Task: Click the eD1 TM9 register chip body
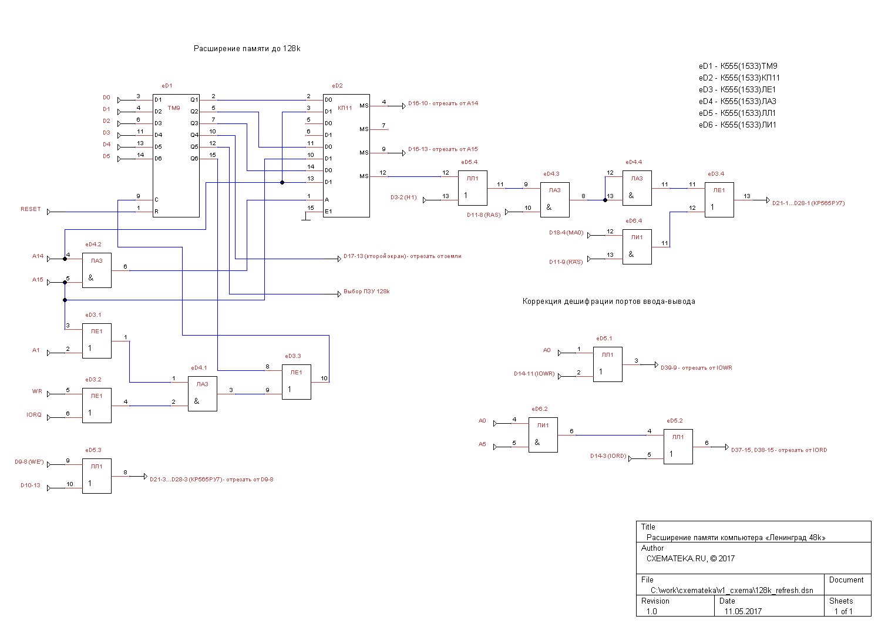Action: pyautogui.click(x=176, y=156)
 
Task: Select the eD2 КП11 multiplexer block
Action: pyautogui.click(x=347, y=156)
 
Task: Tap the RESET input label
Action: pyautogui.click(x=31, y=209)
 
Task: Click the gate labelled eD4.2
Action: pyautogui.click(x=97, y=270)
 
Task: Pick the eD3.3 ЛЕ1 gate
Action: pyautogui.click(x=297, y=382)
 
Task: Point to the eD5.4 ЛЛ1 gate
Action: pyautogui.click(x=473, y=188)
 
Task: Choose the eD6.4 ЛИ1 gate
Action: pyautogui.click(x=637, y=247)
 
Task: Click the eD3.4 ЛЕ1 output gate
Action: pyautogui.click(x=719, y=200)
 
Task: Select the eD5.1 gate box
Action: pyautogui.click(x=608, y=364)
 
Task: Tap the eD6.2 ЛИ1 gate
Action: pyautogui.click(x=543, y=435)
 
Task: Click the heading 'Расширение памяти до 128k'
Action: pyautogui.click(x=247, y=49)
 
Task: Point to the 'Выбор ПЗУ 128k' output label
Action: pyautogui.click(x=366, y=292)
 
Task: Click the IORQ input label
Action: pyautogui.click(x=34, y=415)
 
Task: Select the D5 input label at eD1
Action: pyautogui.click(x=106, y=156)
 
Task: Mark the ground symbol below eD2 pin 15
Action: pyautogui.click(x=305, y=219)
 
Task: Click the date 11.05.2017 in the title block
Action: pyautogui.click(x=742, y=611)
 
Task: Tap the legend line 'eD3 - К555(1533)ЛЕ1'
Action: pyautogui.click(x=737, y=89)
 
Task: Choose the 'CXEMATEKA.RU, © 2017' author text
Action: pyautogui.click(x=690, y=558)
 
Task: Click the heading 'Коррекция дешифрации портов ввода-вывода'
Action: pyautogui.click(x=608, y=302)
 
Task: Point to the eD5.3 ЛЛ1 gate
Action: pyautogui.click(x=97, y=476)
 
